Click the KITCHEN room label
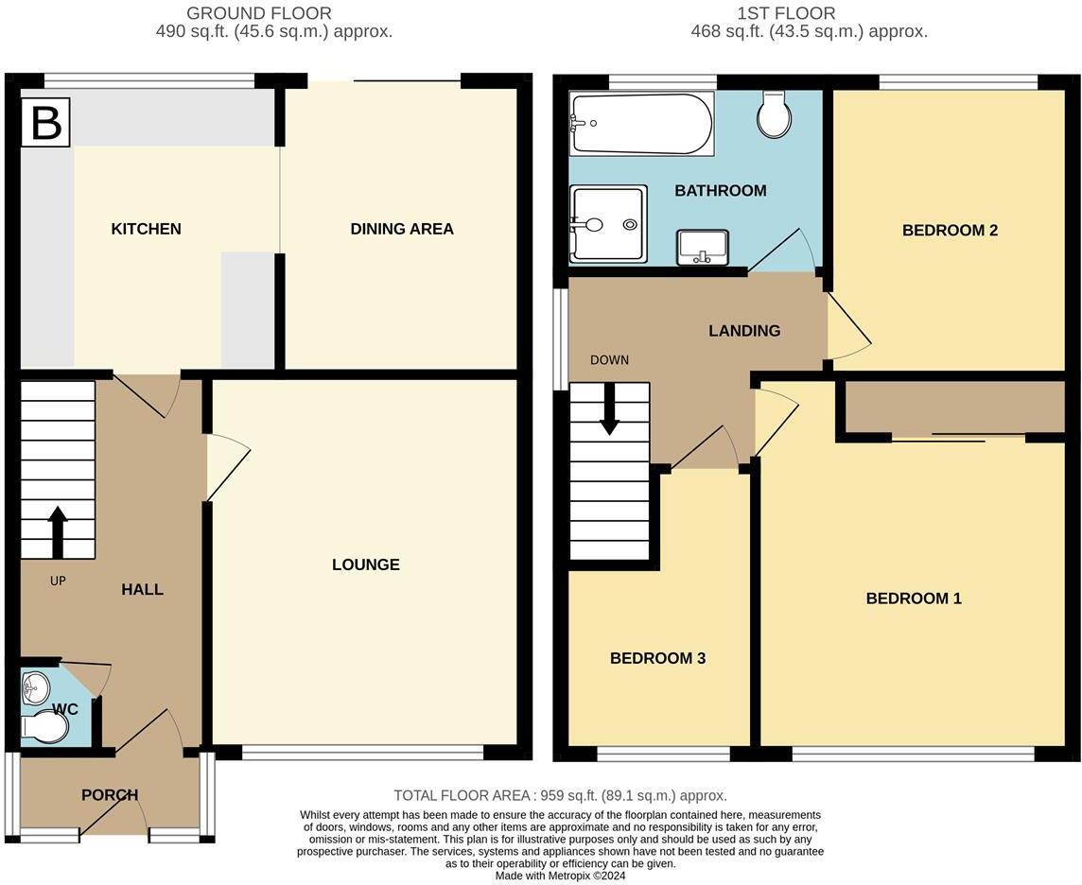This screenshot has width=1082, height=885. coord(146,229)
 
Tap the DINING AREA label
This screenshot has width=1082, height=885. coord(401,229)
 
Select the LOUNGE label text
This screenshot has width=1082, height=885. coord(365,564)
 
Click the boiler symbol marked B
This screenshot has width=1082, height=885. coord(45,123)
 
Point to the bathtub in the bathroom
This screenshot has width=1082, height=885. coord(641,123)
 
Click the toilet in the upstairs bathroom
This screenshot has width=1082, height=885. coord(774,115)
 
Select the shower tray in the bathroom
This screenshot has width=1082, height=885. coord(608,224)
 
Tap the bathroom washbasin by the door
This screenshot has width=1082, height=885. coord(703,247)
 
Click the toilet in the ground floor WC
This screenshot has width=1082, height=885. coord(46,727)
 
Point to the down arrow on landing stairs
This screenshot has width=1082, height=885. coord(609,408)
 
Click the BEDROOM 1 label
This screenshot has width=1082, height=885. coord(913,598)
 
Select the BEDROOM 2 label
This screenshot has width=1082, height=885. coord(950,230)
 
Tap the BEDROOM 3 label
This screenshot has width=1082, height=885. coord(657,658)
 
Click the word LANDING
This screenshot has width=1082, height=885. coord(744,331)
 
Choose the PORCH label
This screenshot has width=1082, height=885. coord(110,795)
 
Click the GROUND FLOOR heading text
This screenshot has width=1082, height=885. coord(259,13)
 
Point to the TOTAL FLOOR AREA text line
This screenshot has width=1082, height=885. coord(560,796)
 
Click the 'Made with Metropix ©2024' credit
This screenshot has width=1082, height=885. coord(560,876)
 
